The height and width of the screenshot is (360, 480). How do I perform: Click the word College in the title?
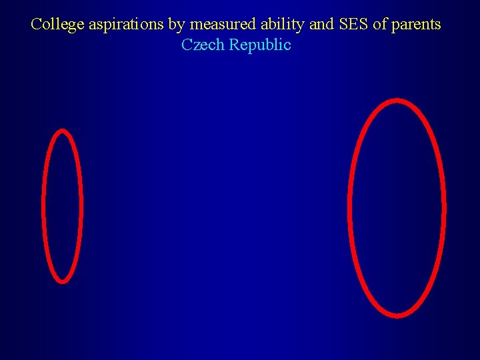(58, 25)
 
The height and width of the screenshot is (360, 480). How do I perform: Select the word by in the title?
(176, 25)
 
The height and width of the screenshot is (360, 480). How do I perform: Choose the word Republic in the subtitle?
(260, 45)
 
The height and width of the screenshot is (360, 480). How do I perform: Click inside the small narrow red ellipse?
(62, 205)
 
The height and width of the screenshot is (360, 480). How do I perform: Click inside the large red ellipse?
(397, 207)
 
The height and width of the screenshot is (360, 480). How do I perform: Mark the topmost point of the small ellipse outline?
(62, 131)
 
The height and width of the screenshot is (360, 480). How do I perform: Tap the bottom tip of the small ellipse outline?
(62, 281)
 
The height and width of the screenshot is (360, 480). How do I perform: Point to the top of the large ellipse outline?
(397, 101)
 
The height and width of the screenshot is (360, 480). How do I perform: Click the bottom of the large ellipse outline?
(397, 314)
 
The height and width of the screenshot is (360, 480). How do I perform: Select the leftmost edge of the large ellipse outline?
(351, 207)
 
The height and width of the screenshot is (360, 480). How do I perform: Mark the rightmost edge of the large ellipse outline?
(443, 207)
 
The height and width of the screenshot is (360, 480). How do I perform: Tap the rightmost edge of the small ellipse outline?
(81, 205)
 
